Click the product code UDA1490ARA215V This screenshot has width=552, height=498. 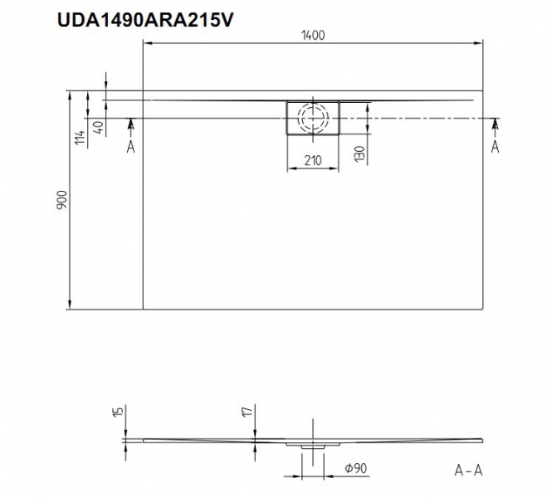point(144,20)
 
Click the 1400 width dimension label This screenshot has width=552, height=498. point(313,36)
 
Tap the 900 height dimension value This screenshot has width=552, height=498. point(61,200)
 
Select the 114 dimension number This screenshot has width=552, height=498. point(80,137)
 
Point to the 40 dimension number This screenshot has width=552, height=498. point(99,127)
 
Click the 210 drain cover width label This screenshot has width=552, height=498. point(313,160)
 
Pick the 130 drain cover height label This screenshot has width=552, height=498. point(359,154)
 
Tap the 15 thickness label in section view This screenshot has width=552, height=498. point(119,411)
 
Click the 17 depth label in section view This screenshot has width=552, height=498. point(248,411)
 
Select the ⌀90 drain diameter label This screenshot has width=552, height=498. point(356,468)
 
